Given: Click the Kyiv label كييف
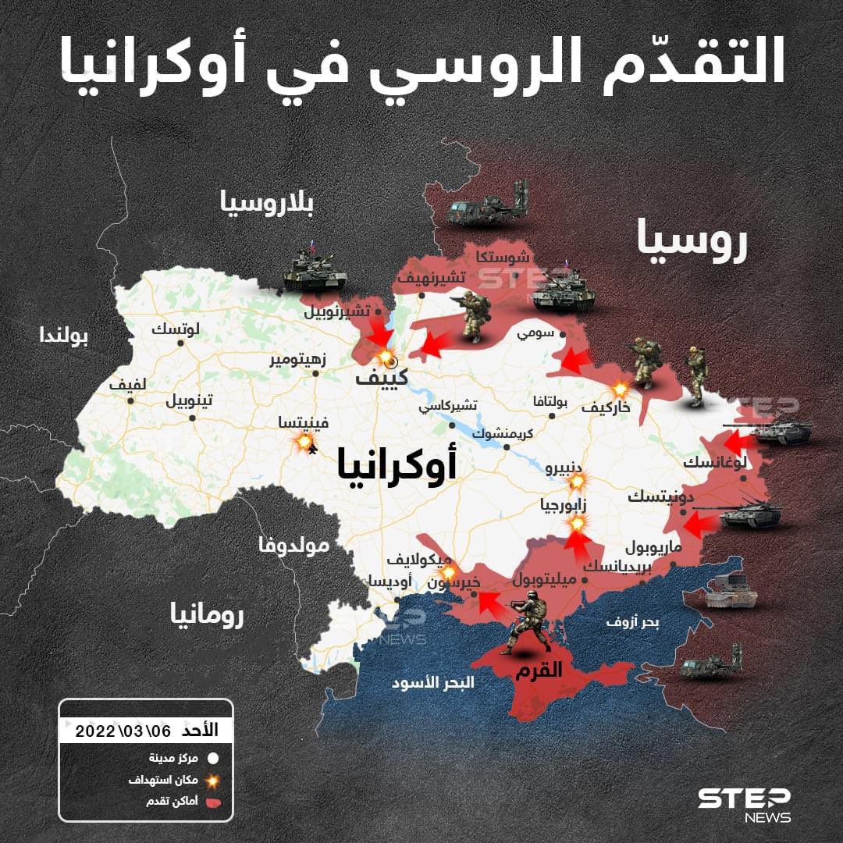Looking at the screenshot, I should pyautogui.click(x=382, y=379).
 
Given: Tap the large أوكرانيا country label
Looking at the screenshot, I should pyautogui.click(x=397, y=462).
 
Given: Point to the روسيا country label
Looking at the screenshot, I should pyautogui.click(x=692, y=240).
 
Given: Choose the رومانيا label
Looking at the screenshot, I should pyautogui.click(x=207, y=614).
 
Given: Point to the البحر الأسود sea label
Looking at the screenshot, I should pyautogui.click(x=433, y=681).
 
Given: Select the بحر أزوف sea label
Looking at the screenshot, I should pyautogui.click(x=632, y=622).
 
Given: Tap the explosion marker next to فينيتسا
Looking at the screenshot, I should pyautogui.click(x=301, y=443).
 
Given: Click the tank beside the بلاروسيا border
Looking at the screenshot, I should pyautogui.click(x=314, y=269).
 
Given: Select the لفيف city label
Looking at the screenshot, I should pyautogui.click(x=127, y=385).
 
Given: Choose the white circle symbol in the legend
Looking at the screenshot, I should pyautogui.click(x=212, y=757).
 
